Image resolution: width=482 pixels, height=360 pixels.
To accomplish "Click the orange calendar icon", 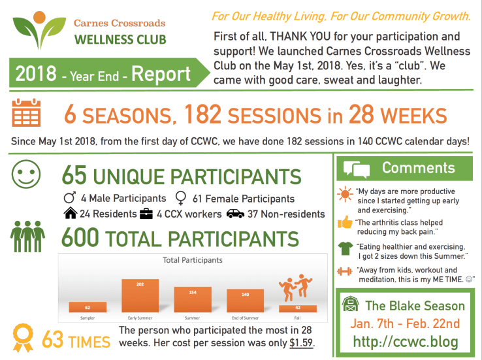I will (27, 113).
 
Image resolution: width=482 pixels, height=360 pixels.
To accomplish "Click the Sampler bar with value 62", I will (88, 306).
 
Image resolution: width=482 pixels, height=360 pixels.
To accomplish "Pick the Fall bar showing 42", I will (297, 308).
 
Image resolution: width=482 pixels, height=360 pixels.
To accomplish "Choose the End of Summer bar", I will (245, 300).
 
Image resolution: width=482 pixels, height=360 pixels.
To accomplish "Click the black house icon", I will (70, 213).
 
